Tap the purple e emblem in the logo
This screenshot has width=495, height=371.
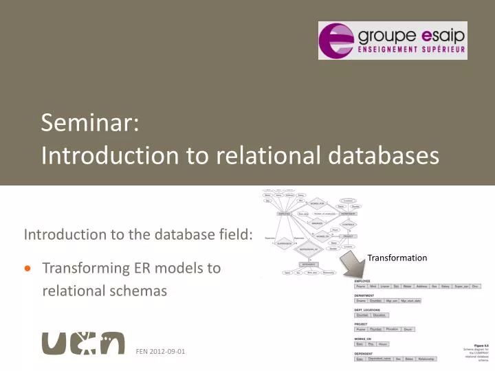(x=338, y=41)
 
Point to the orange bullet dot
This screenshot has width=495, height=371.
(x=28, y=269)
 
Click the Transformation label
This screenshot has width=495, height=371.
(x=397, y=258)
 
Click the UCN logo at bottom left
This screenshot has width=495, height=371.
(x=83, y=344)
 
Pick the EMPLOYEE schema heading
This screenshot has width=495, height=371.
(x=362, y=281)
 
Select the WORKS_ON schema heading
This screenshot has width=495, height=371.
(x=364, y=338)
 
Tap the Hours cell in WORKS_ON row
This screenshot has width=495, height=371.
(x=383, y=344)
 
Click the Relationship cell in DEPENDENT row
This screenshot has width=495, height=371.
(x=426, y=359)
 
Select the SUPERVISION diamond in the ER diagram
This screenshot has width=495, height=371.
(x=283, y=241)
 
